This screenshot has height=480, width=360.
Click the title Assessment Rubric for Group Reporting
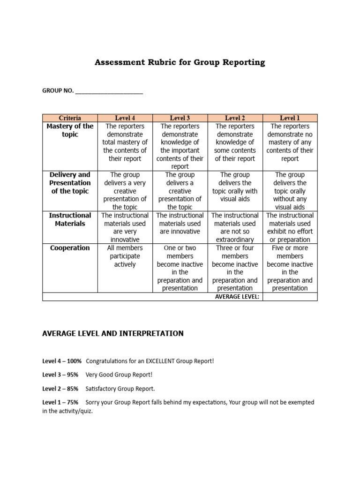(x=180, y=62)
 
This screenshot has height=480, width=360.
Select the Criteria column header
(x=70, y=118)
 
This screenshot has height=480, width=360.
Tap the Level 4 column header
(x=125, y=118)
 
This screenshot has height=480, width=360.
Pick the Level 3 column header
(x=180, y=118)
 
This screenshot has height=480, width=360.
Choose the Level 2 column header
(x=235, y=118)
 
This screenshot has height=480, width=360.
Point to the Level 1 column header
(x=290, y=118)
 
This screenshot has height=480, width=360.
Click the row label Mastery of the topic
(x=70, y=130)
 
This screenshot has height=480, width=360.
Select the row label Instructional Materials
(x=70, y=219)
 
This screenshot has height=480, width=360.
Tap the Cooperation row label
(x=70, y=248)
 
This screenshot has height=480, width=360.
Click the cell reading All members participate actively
(x=125, y=256)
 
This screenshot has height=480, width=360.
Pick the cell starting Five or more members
(x=290, y=268)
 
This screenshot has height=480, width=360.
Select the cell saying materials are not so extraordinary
(x=235, y=227)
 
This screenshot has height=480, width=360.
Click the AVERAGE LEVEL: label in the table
(x=237, y=297)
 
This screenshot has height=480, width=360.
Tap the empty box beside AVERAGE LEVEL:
(x=290, y=297)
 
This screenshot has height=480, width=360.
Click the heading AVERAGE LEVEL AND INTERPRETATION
(x=113, y=334)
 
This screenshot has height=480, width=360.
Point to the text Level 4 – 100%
(x=62, y=361)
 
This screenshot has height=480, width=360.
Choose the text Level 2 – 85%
(x=60, y=389)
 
